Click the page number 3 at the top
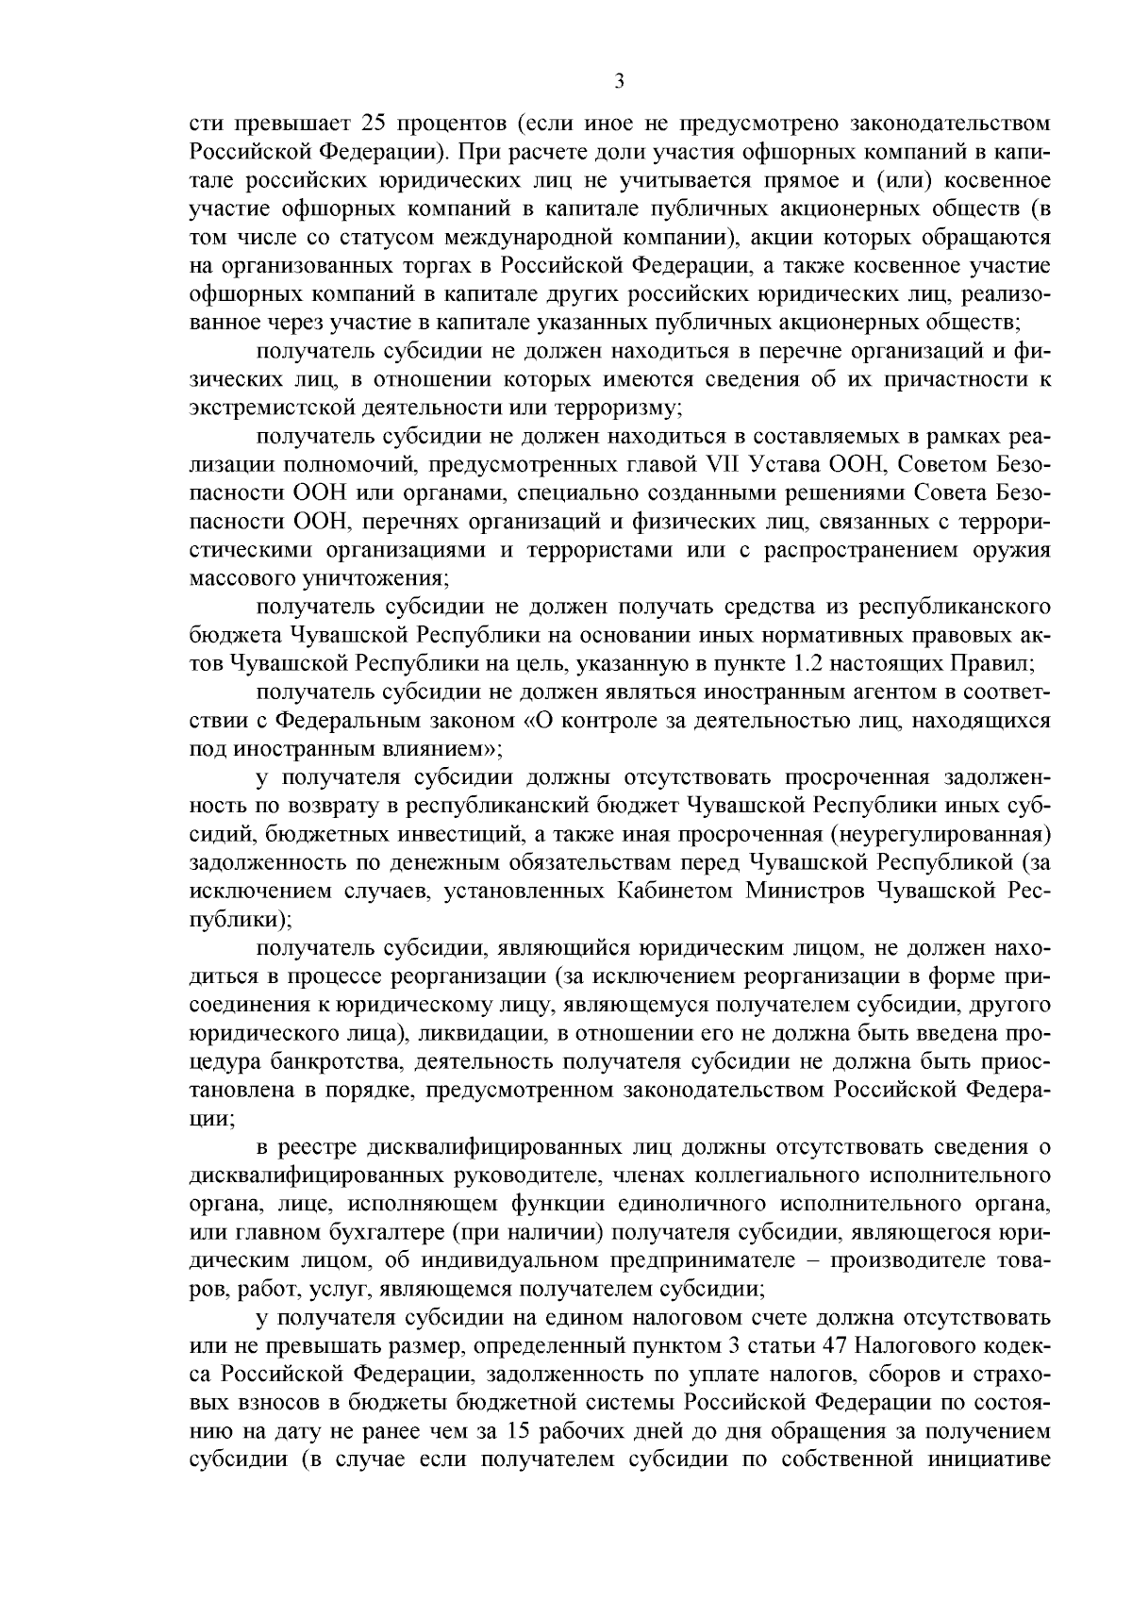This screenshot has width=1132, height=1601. pos(619,81)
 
